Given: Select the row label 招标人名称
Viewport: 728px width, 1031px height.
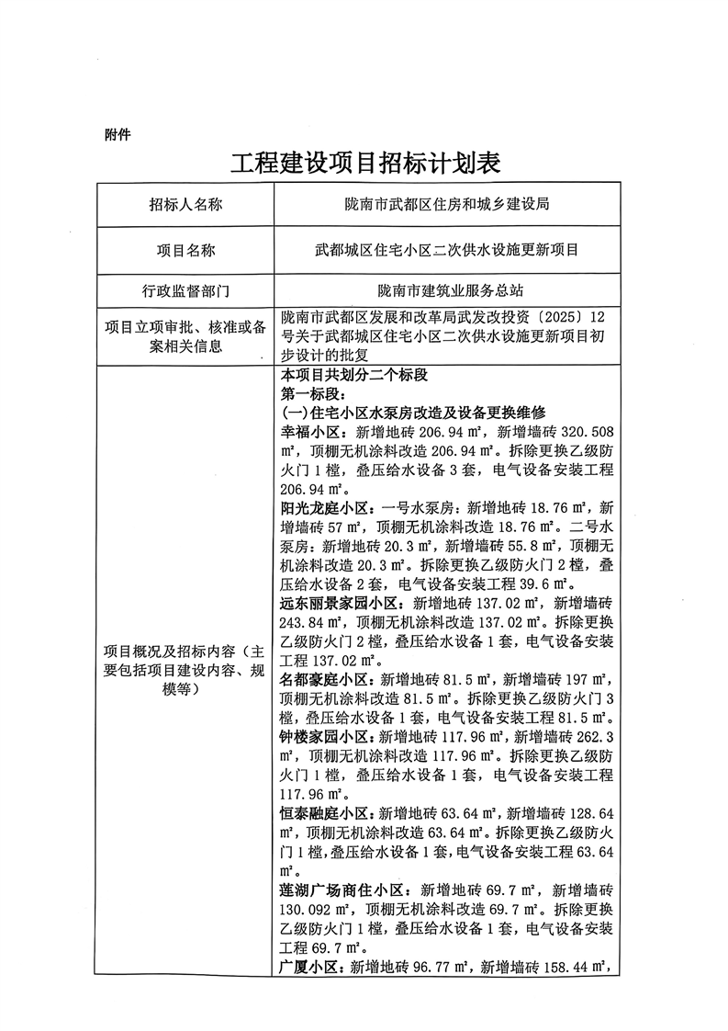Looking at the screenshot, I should click(185, 205).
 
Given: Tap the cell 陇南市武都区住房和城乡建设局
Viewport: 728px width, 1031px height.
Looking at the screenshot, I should click(446, 205).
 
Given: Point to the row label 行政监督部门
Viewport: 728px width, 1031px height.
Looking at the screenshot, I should click(185, 292).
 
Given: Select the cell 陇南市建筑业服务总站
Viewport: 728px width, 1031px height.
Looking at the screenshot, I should click(446, 292).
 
